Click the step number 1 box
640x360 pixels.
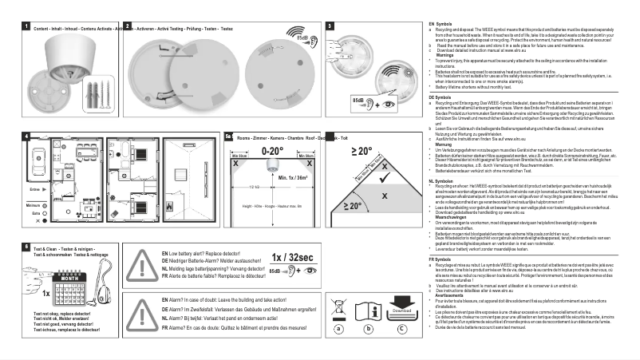tap(26, 27)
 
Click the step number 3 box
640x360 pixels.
tap(330, 27)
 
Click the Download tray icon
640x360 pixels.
tap(401, 311)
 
